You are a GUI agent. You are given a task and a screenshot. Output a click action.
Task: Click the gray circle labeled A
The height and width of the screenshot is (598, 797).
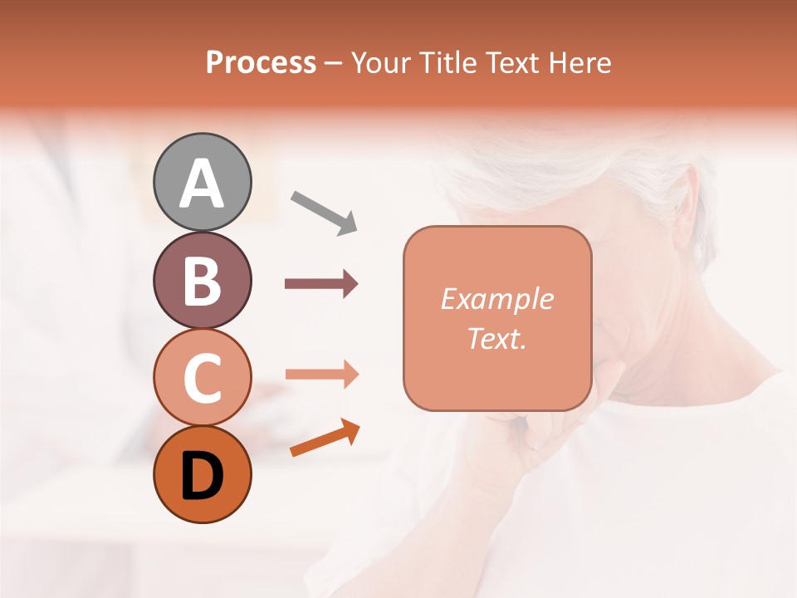click(x=202, y=182)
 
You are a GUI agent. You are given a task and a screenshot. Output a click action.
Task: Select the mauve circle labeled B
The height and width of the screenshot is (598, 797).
click(x=202, y=280)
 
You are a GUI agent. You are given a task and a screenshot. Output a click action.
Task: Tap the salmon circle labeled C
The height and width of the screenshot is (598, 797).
click(x=202, y=378)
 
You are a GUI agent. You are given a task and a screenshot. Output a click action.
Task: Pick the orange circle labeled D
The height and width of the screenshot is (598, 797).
click(x=202, y=475)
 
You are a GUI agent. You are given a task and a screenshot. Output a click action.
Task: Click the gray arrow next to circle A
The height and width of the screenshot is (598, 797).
click(x=324, y=212)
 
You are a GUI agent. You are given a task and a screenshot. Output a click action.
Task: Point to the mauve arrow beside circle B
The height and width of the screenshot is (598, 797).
click(x=321, y=284)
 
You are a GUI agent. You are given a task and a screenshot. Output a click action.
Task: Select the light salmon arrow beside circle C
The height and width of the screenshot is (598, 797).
click(x=321, y=375)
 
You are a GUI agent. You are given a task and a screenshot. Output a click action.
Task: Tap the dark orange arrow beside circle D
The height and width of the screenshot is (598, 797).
click(x=325, y=438)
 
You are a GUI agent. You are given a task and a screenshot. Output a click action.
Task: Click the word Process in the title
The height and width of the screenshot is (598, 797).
click(x=261, y=63)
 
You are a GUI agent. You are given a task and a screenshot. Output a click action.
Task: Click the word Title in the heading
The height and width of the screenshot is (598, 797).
click(x=447, y=63)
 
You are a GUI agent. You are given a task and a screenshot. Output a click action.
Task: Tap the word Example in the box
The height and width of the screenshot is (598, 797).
click(x=496, y=299)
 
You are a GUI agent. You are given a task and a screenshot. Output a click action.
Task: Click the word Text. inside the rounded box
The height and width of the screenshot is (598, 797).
click(x=496, y=338)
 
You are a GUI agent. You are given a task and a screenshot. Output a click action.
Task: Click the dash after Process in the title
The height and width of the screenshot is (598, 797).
click(x=334, y=64)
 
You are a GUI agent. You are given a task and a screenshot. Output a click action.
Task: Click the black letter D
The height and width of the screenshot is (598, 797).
click(x=202, y=477)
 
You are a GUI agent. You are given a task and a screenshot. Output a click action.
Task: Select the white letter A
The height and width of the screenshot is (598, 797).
click(x=202, y=184)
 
